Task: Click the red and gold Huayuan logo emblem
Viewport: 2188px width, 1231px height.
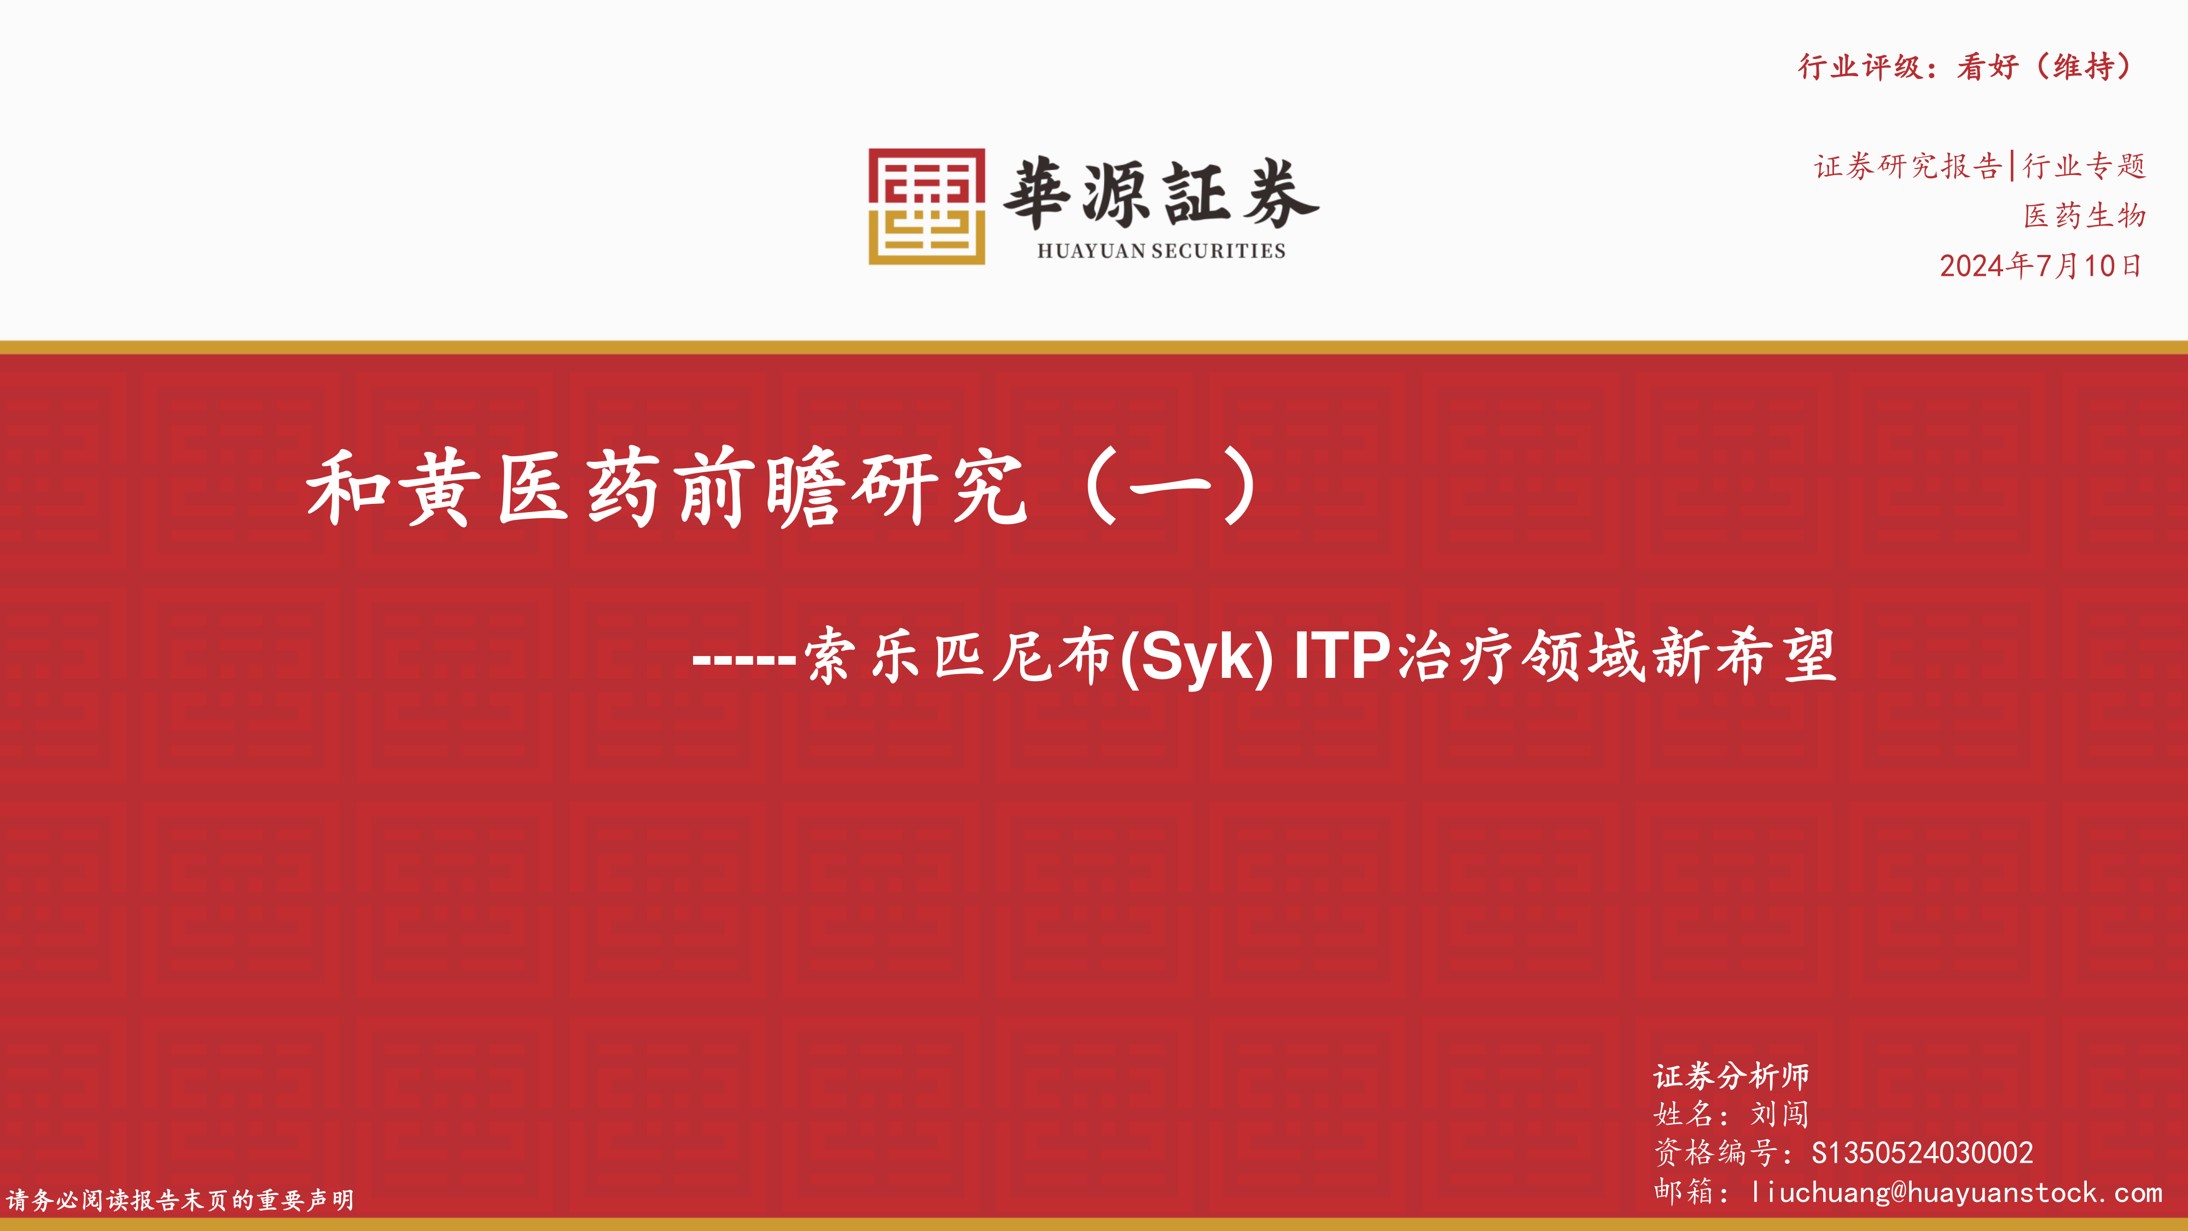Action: (926, 206)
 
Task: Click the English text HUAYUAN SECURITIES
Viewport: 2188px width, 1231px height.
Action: (1161, 251)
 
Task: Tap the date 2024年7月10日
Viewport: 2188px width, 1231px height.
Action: (2040, 266)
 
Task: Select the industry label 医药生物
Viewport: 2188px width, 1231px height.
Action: (2085, 216)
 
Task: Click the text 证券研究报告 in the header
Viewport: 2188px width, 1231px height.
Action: (1908, 166)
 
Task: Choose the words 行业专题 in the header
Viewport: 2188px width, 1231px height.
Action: (2085, 166)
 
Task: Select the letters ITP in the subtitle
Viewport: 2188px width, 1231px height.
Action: (1342, 656)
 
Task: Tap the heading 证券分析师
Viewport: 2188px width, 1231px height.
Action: (1731, 1076)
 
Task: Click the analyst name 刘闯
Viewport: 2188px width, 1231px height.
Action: (1780, 1114)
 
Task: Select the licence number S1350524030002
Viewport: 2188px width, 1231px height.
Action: (1922, 1153)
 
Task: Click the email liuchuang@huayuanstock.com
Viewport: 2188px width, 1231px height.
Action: (1956, 1193)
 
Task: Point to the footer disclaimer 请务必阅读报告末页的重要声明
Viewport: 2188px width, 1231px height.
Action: (180, 1200)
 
